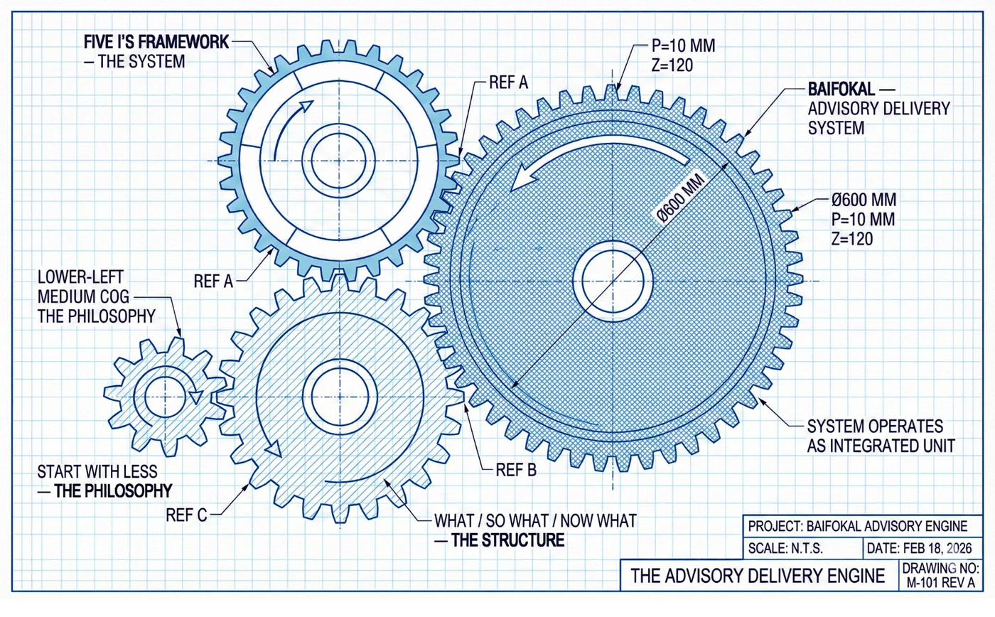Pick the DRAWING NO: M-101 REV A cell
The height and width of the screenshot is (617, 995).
click(942, 576)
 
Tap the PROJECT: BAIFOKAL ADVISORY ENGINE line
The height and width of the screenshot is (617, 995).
click(858, 527)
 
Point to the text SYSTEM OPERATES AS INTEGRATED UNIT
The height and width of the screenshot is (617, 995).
click(873, 436)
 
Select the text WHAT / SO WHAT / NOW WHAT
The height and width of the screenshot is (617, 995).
click(534, 521)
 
